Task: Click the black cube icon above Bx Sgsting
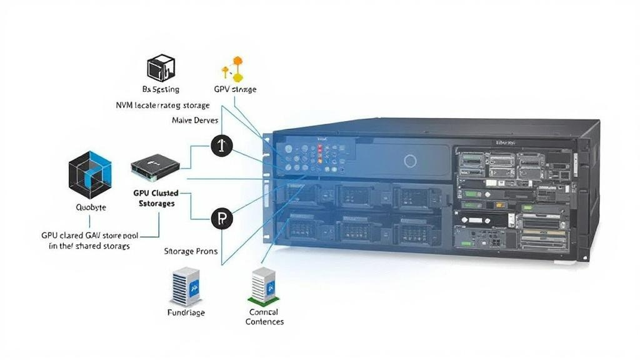click(x=161, y=68)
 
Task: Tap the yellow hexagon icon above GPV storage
click(x=234, y=69)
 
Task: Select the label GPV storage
click(x=235, y=89)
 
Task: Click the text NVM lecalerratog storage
click(x=162, y=106)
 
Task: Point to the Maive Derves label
click(x=194, y=120)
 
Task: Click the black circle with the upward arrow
click(x=221, y=146)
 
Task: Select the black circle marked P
click(x=221, y=219)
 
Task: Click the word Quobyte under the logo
click(x=91, y=207)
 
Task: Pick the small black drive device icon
click(x=155, y=164)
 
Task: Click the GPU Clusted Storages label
click(x=156, y=198)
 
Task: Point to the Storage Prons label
click(x=191, y=251)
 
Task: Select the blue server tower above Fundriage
click(x=185, y=287)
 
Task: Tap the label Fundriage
click(x=186, y=312)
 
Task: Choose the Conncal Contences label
click(x=264, y=317)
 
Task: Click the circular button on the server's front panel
click(x=410, y=161)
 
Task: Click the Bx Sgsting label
click(x=161, y=89)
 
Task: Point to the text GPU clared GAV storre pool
click(x=90, y=236)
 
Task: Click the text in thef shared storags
click(x=89, y=246)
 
